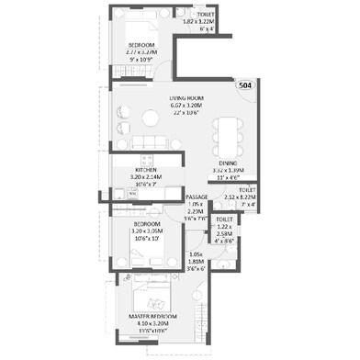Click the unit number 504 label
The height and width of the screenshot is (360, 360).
pos(245,85)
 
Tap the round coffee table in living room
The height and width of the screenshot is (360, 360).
pos(151,119)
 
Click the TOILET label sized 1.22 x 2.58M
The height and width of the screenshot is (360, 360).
pos(224,220)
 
